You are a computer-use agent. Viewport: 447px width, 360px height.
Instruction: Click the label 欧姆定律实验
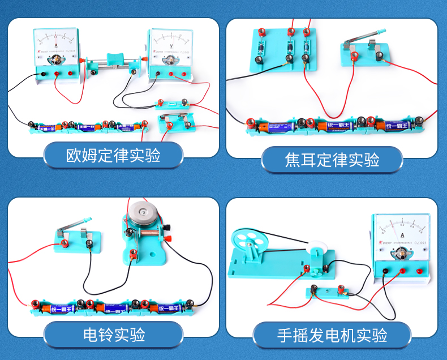pyautogui.click(x=113, y=155)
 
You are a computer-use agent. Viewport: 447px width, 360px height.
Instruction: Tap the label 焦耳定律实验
pyautogui.click(x=332, y=160)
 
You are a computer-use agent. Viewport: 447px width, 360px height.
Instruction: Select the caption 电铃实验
pyautogui.click(x=114, y=334)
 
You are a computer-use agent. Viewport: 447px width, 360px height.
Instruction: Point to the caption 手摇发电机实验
pyautogui.click(x=332, y=335)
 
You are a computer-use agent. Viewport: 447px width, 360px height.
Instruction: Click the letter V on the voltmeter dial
pyautogui.click(x=171, y=41)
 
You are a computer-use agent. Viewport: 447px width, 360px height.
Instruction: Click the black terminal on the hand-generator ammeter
pyautogui.click(x=385, y=272)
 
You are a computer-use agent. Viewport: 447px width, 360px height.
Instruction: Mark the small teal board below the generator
pyautogui.click(x=326, y=292)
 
